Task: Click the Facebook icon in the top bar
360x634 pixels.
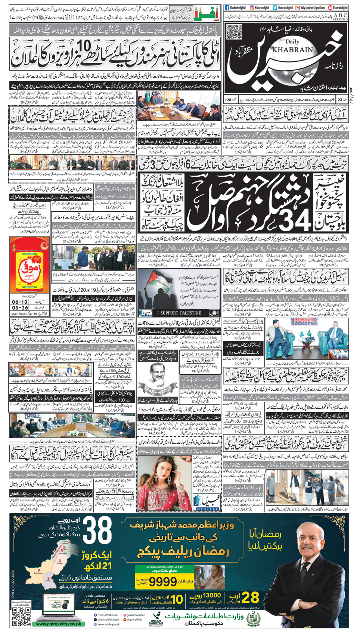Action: pos(227,7)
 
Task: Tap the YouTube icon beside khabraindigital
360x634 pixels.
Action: pos(330,7)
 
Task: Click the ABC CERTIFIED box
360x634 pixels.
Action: pos(340,17)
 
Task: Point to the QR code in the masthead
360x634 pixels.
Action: pos(234,32)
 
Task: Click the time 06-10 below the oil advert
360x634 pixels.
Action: pos(20,302)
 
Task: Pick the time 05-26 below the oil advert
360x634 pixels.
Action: pos(20,308)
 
